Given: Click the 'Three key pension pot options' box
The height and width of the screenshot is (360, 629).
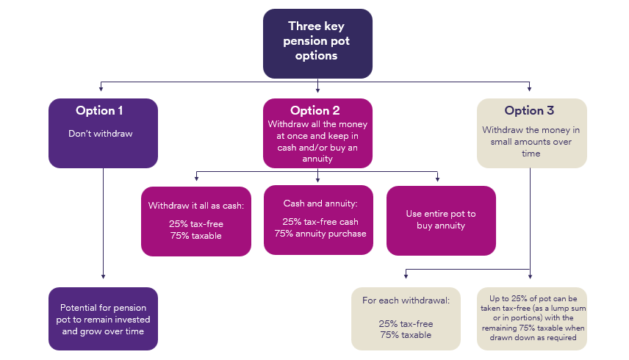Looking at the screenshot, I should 317,43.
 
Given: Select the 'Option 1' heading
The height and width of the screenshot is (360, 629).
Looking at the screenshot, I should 99,111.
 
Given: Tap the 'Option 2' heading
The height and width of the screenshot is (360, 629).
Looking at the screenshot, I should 314,111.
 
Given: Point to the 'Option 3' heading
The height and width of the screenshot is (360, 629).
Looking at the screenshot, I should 529,111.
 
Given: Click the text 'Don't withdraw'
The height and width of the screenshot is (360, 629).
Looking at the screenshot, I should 99,134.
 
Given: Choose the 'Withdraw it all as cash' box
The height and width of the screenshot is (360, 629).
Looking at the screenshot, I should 195,220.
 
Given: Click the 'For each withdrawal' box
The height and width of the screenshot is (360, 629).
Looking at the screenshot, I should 406,318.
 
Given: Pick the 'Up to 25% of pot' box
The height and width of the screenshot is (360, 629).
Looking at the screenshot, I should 532,318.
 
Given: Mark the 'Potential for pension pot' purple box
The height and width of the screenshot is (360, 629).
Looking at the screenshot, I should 103,318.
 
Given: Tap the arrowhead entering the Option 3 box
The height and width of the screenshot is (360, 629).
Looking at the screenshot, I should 531,93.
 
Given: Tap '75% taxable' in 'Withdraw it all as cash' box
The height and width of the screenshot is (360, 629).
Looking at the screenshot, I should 195,236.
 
